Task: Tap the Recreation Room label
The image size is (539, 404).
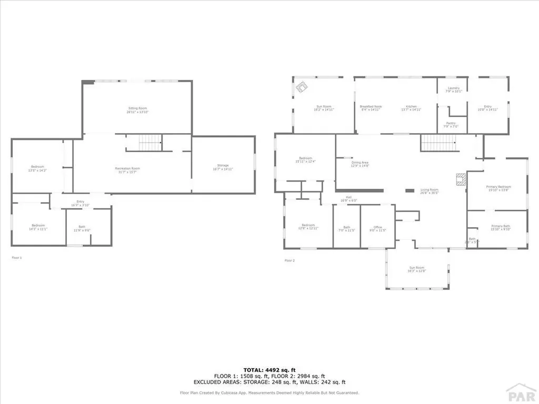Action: [127, 170]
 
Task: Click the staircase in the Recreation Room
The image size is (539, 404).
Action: [150, 142]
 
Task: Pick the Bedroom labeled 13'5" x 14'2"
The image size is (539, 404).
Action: [36, 168]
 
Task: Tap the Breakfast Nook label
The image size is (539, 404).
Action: [371, 108]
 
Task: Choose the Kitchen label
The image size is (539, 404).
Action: [411, 108]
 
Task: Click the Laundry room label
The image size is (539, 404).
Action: [453, 89]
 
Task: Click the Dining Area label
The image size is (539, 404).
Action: [360, 164]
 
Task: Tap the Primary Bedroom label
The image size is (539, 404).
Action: [497, 188]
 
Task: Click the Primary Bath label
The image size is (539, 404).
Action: [497, 227]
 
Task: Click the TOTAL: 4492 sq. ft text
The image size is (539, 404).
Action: [269, 369]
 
